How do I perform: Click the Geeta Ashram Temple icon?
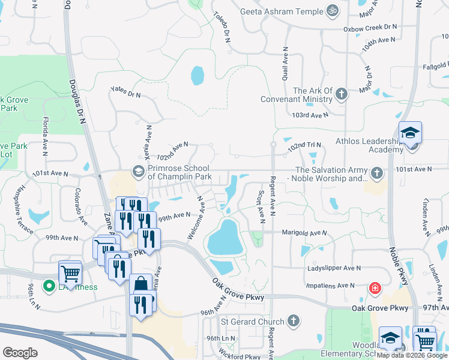(331, 11)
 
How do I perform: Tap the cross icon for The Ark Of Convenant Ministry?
(342, 94)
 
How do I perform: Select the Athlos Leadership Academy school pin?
(411, 133)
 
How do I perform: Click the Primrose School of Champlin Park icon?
(139, 172)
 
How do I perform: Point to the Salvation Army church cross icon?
(376, 173)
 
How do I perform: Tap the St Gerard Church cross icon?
(293, 322)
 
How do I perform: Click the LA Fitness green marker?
(49, 286)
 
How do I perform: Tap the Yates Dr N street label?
(125, 92)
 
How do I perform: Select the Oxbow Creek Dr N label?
(370, 28)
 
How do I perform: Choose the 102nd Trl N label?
(304, 145)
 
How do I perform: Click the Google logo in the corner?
(20, 352)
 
